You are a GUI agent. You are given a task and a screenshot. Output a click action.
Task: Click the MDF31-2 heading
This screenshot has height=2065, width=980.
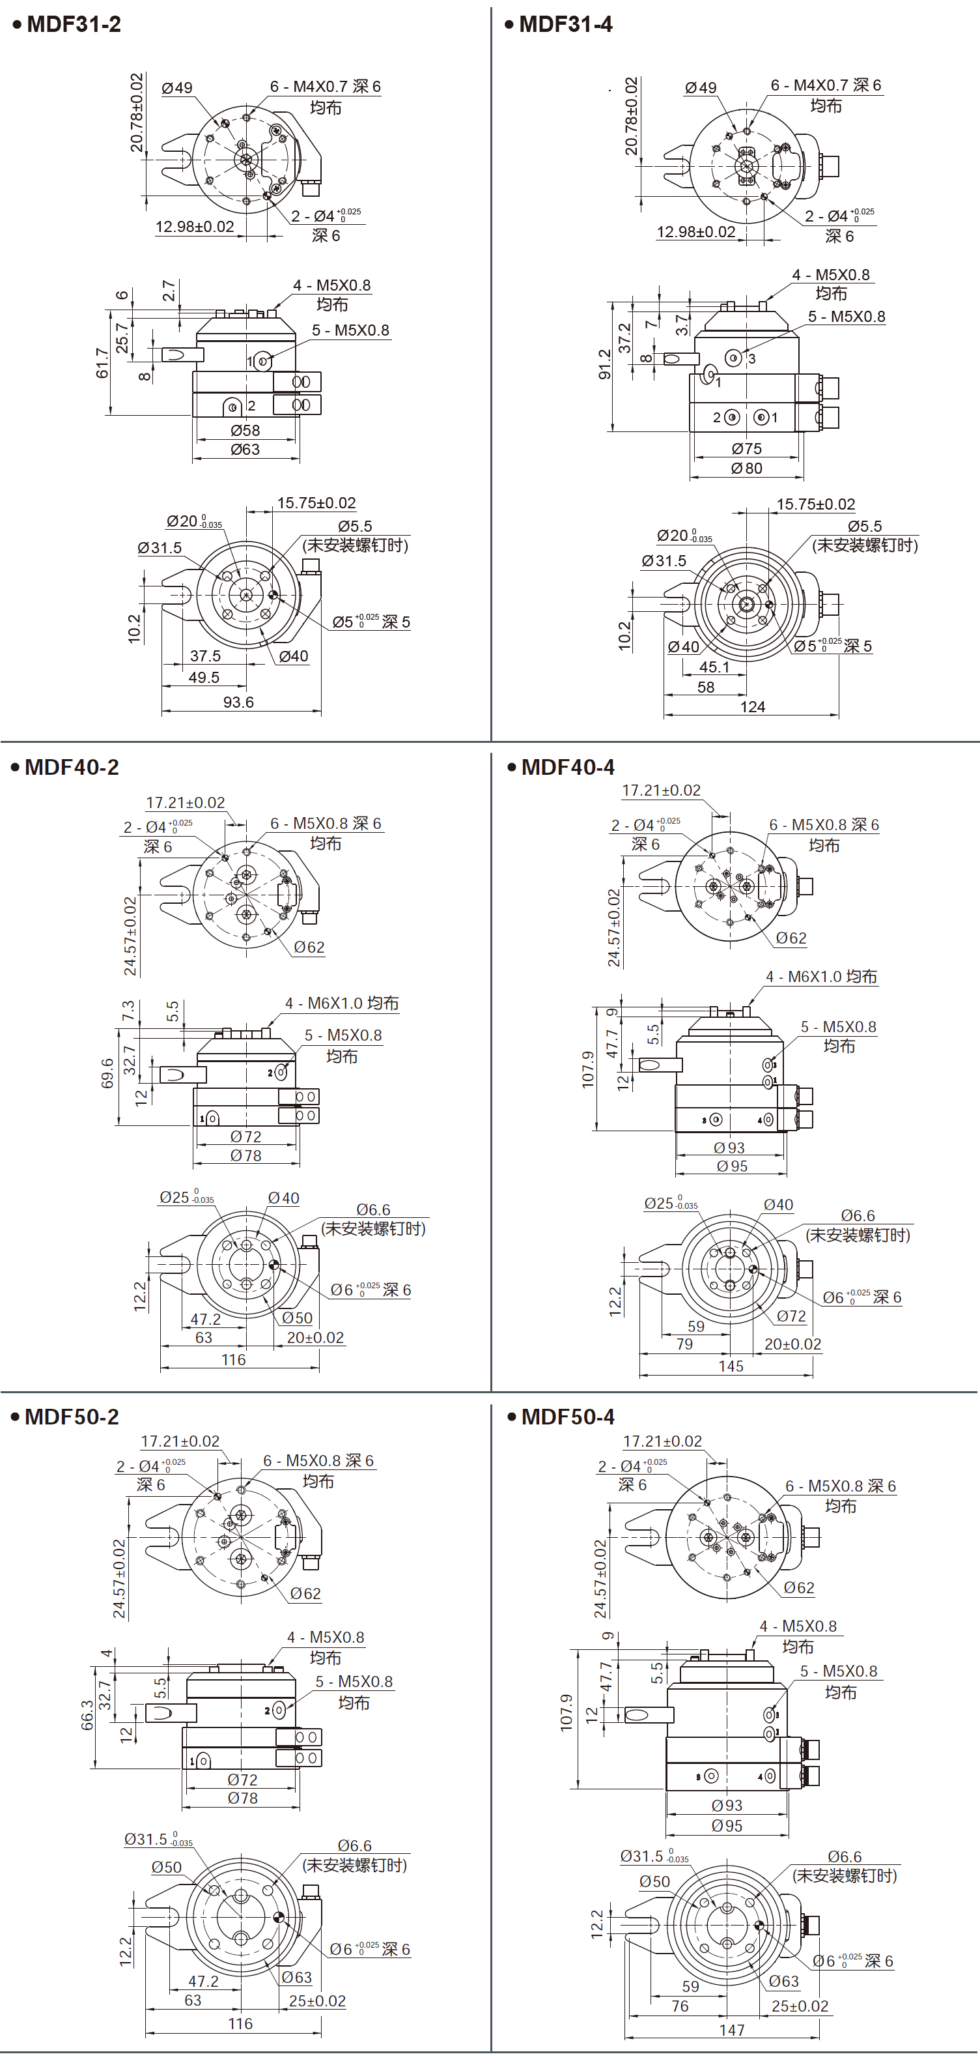tap(74, 24)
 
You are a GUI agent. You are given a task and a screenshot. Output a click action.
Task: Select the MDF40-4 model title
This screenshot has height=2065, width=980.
tap(567, 767)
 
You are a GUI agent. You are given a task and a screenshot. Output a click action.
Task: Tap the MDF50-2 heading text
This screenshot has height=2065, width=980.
tap(72, 1417)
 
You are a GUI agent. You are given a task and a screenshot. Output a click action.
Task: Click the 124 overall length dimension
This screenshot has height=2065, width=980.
tap(753, 707)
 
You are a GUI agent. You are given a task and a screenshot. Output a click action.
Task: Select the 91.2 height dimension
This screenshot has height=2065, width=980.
tap(604, 364)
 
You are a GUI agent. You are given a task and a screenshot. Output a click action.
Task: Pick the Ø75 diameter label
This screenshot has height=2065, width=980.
tap(746, 449)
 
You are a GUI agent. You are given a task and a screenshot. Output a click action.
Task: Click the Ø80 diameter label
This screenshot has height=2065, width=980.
tap(746, 468)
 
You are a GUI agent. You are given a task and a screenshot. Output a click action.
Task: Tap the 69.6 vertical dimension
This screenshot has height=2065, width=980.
tap(107, 1073)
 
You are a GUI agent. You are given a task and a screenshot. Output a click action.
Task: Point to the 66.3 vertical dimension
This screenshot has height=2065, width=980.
tap(87, 1716)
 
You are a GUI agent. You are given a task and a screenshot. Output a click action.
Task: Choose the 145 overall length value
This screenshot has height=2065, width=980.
tap(731, 1366)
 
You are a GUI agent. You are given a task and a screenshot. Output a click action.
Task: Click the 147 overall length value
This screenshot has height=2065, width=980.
tap(732, 2030)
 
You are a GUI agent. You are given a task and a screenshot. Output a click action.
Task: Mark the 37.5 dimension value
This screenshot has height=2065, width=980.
tap(205, 656)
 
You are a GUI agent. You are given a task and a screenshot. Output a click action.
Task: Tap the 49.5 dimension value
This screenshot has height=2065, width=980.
tap(204, 678)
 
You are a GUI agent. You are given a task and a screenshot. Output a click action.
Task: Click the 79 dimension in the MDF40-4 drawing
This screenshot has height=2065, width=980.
tap(684, 1344)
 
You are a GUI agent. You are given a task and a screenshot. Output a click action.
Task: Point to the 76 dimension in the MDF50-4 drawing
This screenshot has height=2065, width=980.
tap(680, 2006)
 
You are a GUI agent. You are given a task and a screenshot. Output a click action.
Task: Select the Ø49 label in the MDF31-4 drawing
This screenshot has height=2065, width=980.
tap(701, 87)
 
